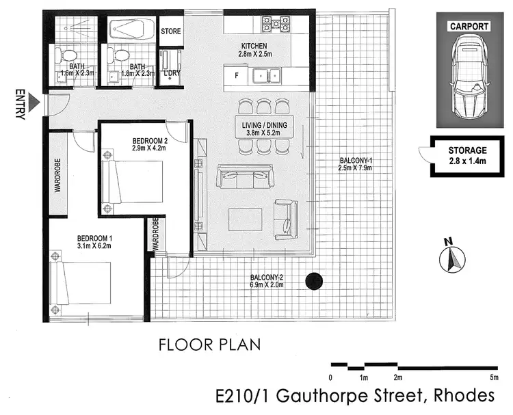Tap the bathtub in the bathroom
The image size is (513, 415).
click(x=132, y=31)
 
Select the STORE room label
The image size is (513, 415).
click(x=170, y=31)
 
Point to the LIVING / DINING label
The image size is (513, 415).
click(x=263, y=129)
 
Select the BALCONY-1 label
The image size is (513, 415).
click(x=355, y=165)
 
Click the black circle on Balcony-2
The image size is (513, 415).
click(x=314, y=280)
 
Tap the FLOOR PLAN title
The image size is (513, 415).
click(x=209, y=343)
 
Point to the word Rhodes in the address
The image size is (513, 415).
click(x=461, y=396)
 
